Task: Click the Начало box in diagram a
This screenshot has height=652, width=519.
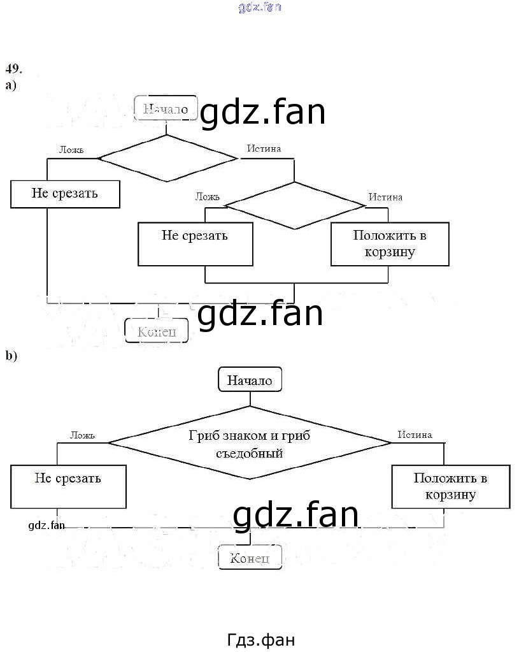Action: click(x=165, y=109)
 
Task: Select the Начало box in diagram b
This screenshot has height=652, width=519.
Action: click(x=250, y=380)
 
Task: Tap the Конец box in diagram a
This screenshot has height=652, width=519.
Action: click(x=157, y=331)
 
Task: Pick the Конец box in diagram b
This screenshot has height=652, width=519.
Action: click(x=250, y=558)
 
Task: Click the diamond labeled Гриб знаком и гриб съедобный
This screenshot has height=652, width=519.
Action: click(x=250, y=443)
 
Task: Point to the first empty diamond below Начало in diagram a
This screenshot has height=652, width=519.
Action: click(x=167, y=158)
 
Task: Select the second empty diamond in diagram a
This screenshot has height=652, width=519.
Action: click(x=294, y=205)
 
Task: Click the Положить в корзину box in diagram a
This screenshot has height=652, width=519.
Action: click(x=390, y=243)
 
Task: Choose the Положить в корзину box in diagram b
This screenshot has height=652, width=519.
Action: click(x=450, y=486)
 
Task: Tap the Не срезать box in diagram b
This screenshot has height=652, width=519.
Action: click(x=68, y=486)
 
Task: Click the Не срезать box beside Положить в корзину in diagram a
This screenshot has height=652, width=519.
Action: click(x=195, y=243)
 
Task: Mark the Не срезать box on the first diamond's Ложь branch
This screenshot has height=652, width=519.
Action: click(x=65, y=194)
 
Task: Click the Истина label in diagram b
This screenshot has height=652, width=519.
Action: click(x=415, y=435)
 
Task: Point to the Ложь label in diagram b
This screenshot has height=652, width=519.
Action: click(x=82, y=435)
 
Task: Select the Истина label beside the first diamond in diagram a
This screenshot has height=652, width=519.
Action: click(x=264, y=149)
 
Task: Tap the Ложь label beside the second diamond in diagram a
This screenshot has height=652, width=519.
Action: click(x=208, y=196)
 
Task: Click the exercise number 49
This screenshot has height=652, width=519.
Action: click(x=14, y=68)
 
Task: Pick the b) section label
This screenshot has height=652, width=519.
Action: click(x=11, y=356)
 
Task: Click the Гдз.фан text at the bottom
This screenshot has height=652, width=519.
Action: click(x=260, y=639)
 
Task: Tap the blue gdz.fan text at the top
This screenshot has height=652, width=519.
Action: click(x=260, y=7)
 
